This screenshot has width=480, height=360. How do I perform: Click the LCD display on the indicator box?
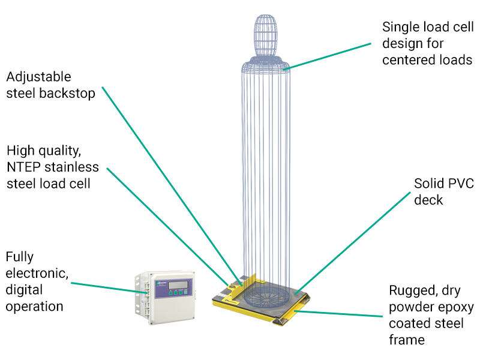point(178,284)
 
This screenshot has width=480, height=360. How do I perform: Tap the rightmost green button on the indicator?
point(185,292)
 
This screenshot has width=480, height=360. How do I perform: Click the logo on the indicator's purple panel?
point(161,283)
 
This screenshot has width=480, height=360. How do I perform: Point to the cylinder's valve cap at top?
point(265,35)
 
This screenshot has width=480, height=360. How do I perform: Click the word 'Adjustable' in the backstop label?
point(38,77)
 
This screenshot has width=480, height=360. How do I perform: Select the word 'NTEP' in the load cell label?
point(23,167)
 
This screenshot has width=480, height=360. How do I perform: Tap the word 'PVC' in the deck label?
point(459,184)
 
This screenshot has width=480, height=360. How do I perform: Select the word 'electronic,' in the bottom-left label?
point(37,273)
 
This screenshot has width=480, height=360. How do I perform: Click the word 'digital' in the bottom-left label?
point(24,290)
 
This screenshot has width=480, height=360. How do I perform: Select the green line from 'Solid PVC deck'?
point(352,244)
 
